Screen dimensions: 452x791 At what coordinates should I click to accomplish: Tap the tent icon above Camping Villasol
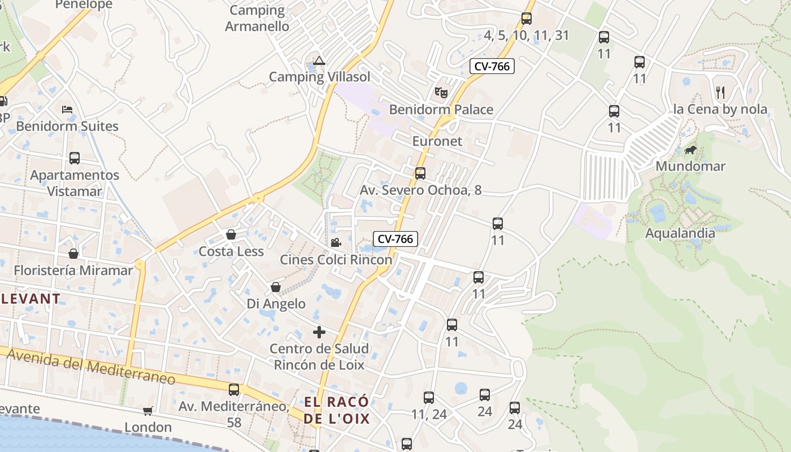click(319, 60)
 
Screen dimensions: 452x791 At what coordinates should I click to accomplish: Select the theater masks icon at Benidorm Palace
click(441, 92)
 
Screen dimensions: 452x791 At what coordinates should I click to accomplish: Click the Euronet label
click(437, 141)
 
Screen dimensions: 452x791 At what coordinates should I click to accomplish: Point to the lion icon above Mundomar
click(690, 150)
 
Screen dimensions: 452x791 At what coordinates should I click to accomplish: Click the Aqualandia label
click(680, 233)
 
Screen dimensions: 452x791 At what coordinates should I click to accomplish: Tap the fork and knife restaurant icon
click(720, 92)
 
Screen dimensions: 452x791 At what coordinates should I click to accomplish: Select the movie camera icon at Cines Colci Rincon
click(336, 243)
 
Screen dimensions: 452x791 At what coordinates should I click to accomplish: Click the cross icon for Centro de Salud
click(319, 332)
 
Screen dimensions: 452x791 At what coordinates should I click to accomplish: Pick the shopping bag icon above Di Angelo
click(276, 287)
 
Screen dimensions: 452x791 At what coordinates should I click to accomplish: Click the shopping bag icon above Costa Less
click(231, 234)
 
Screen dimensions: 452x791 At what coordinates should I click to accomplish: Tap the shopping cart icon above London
click(147, 411)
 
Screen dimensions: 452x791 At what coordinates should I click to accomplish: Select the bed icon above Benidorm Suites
click(67, 109)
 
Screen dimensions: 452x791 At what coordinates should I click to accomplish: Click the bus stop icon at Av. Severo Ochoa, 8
click(420, 173)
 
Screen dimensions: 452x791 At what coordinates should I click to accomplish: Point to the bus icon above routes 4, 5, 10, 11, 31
click(527, 19)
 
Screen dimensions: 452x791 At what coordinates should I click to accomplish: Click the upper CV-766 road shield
click(492, 66)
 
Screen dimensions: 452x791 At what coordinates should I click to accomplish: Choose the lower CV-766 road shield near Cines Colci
click(395, 239)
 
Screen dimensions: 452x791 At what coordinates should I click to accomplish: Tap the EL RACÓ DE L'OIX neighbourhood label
click(337, 410)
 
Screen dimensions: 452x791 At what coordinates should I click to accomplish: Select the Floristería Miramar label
click(73, 271)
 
